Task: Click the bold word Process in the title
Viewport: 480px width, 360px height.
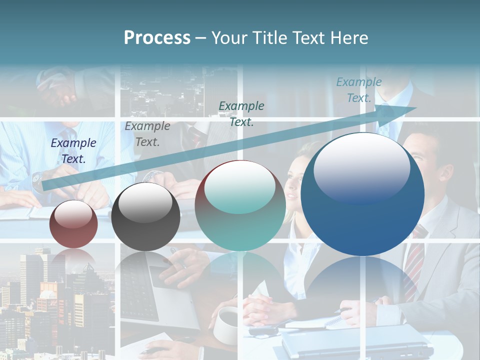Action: click(157, 38)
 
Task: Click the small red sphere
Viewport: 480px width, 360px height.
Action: click(73, 224)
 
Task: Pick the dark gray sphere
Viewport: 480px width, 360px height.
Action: click(145, 216)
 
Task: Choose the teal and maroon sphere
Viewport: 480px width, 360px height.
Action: click(240, 206)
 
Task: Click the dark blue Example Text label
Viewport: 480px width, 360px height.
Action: click(73, 150)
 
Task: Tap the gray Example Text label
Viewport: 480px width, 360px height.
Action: click(147, 134)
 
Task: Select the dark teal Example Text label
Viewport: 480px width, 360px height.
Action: click(241, 113)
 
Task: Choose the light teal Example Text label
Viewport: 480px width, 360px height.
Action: click(359, 90)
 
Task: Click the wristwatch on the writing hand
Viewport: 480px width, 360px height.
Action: click(37, 178)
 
